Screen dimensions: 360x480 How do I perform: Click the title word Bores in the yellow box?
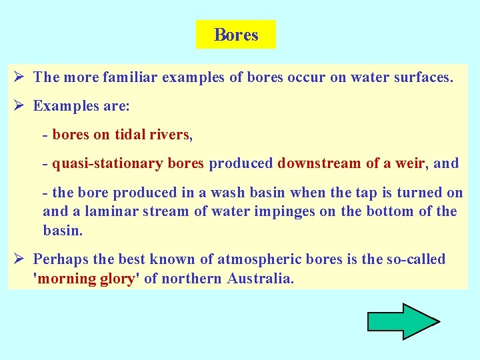tap(236, 35)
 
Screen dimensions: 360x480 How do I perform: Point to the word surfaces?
tap(419, 77)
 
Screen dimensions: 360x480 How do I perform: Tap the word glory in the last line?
tap(116, 279)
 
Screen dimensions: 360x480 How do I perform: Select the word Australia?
tap(260, 279)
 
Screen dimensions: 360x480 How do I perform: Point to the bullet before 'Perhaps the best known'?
tap(21, 259)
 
